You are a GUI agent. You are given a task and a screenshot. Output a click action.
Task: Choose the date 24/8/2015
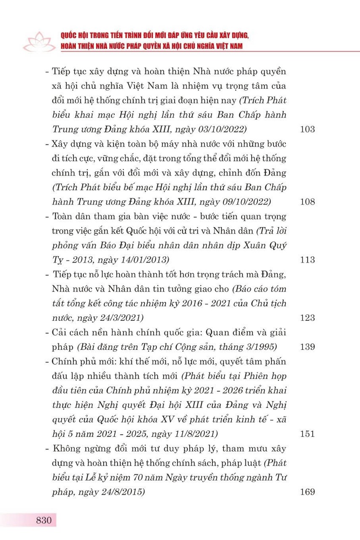point(121,492)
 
